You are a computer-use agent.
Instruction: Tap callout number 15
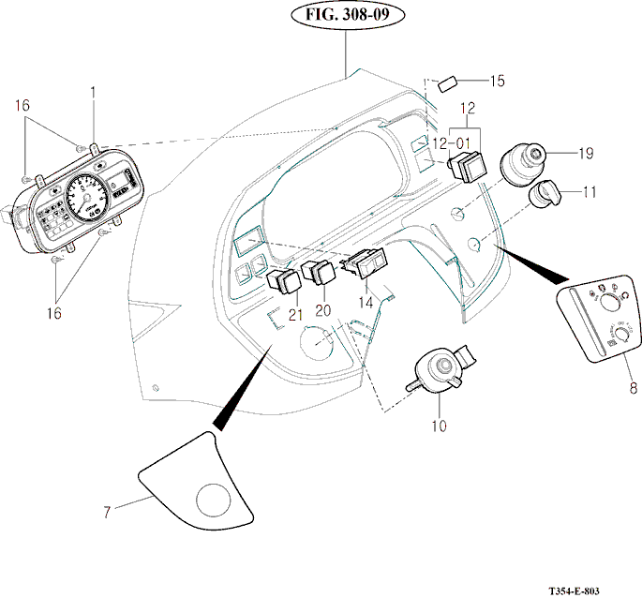point(498,81)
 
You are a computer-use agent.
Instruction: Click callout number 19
point(587,152)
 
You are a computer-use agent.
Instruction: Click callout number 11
point(589,192)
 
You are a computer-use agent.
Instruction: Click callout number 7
point(108,512)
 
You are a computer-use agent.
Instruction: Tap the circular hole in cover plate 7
point(213,499)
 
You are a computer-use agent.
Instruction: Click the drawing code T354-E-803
point(587,591)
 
